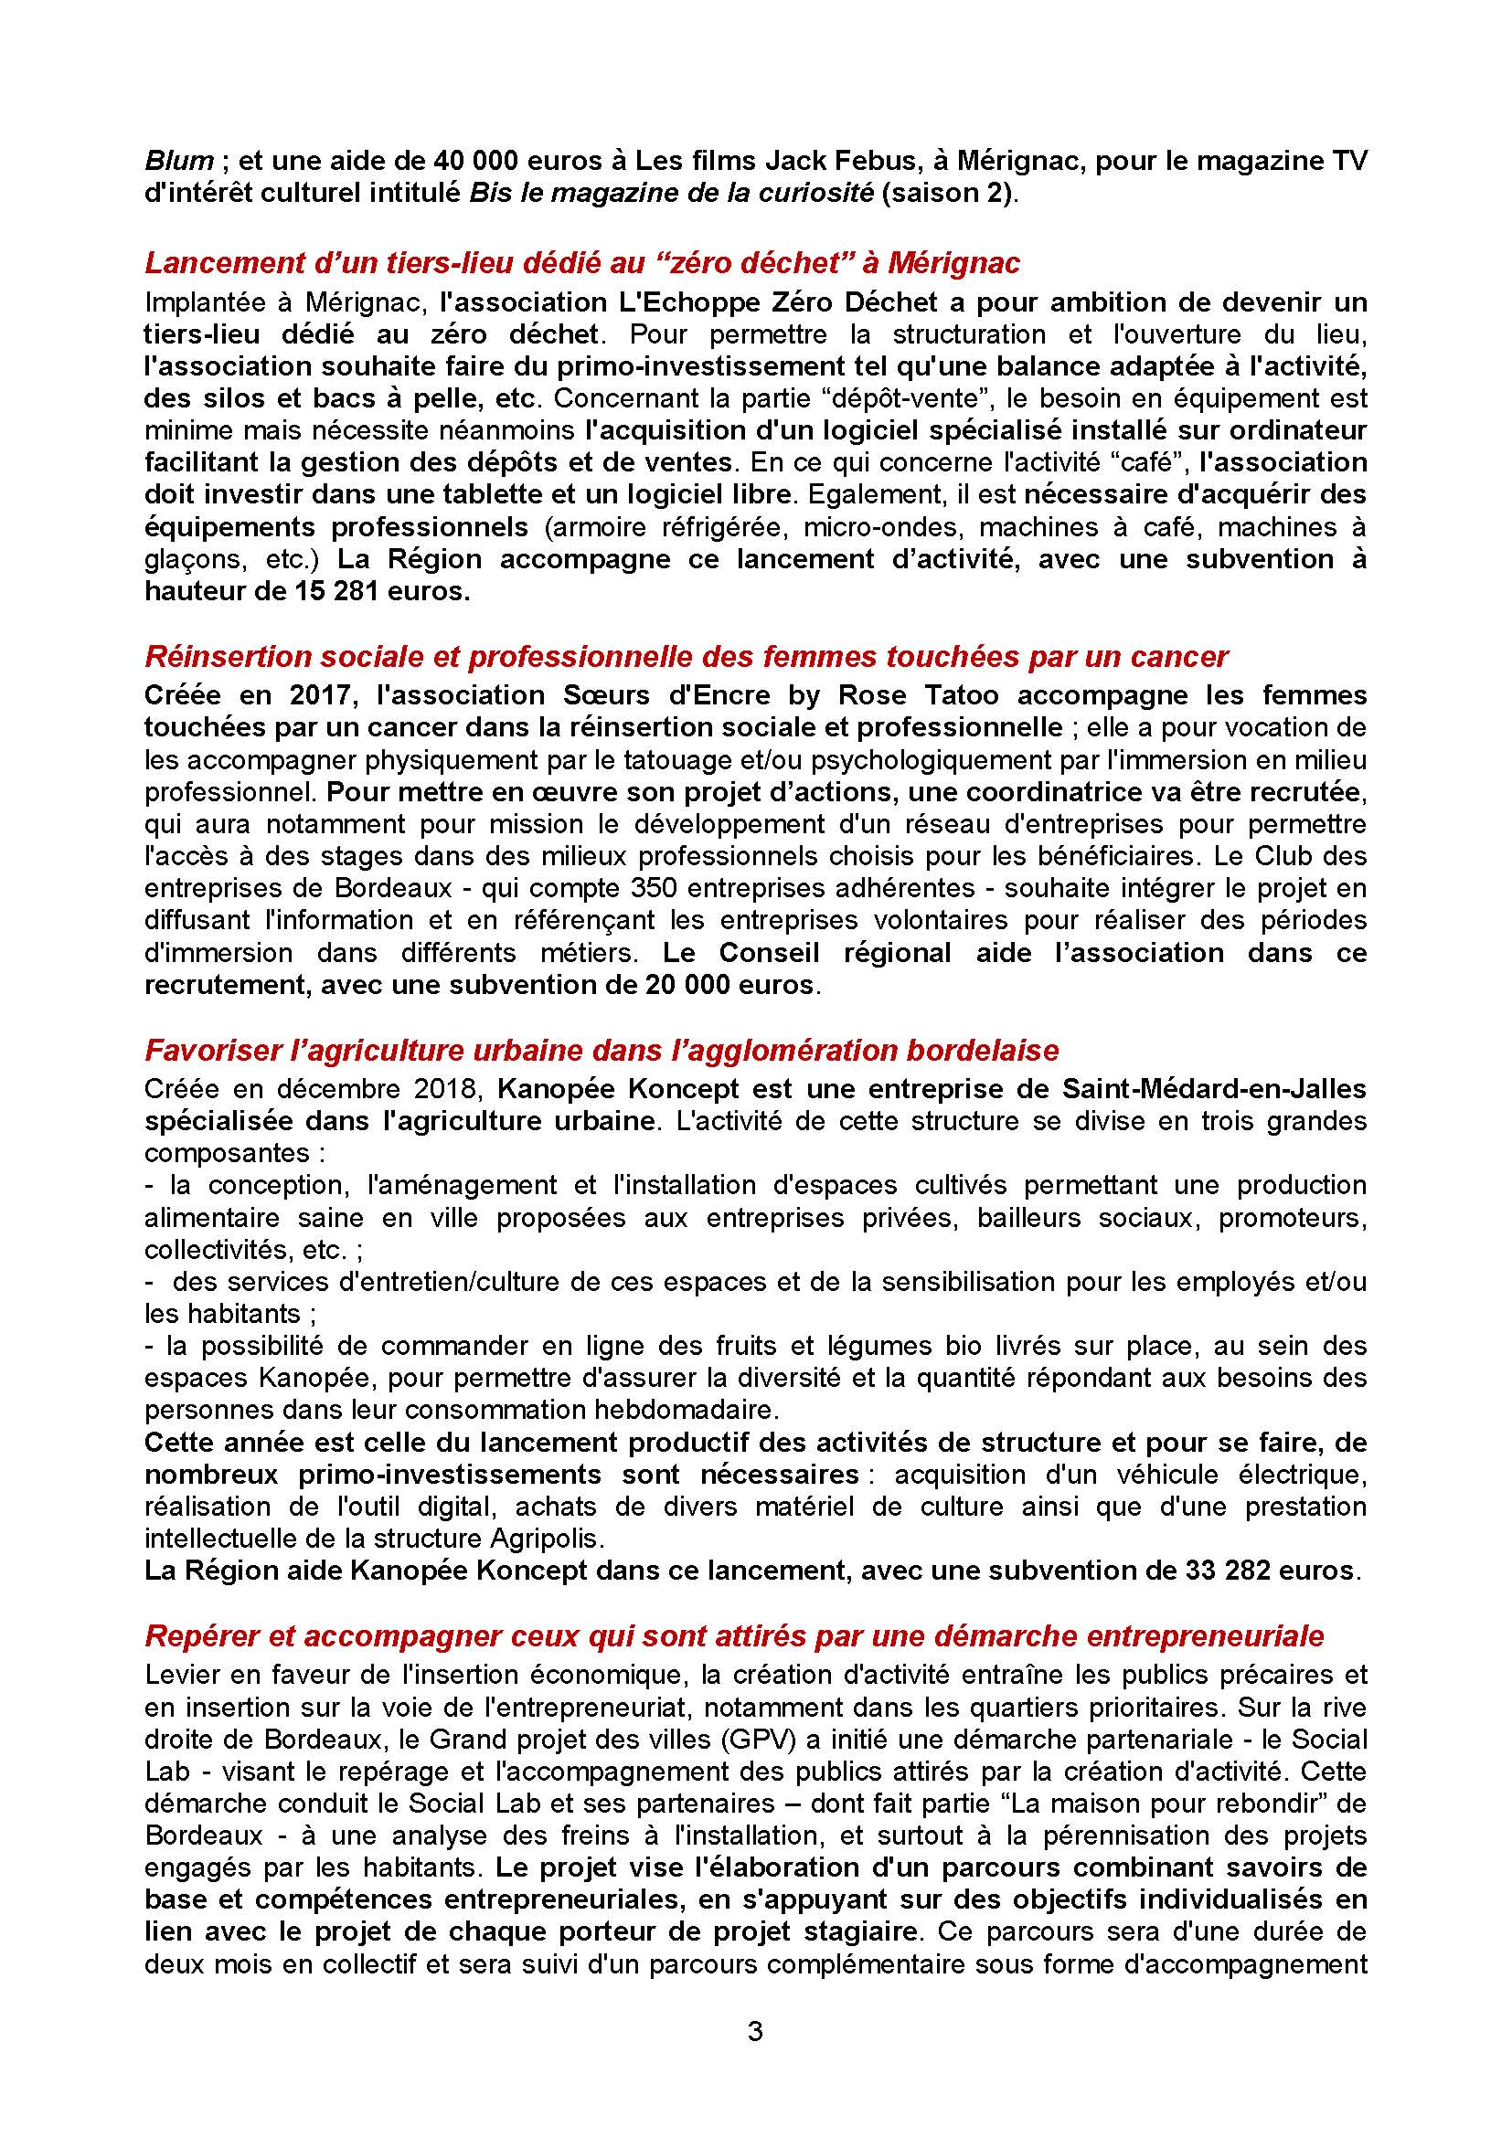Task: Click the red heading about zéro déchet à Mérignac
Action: (582, 263)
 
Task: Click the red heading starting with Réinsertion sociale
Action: (687, 657)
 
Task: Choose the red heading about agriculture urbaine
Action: (602, 1050)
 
